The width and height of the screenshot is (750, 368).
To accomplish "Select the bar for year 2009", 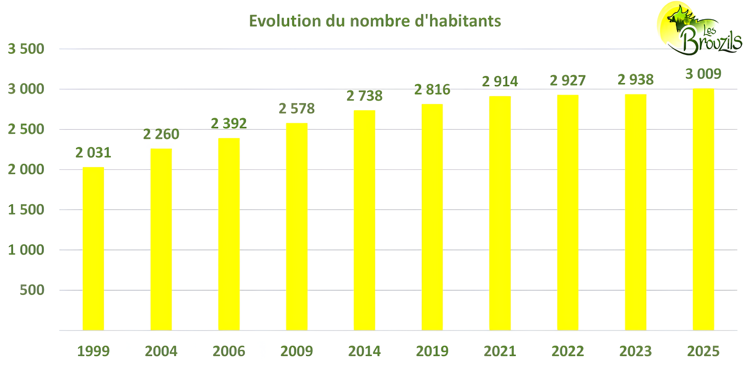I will pyautogui.click(x=297, y=227).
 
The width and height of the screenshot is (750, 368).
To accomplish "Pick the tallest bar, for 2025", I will pyautogui.click(x=703, y=209).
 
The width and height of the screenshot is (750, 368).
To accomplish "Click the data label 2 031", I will pyautogui.click(x=93, y=153).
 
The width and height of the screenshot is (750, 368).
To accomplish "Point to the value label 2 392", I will pyautogui.click(x=229, y=123).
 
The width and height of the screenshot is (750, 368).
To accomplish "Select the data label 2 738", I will pyautogui.click(x=364, y=96).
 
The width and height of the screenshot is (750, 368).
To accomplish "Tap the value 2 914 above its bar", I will pyautogui.click(x=500, y=82).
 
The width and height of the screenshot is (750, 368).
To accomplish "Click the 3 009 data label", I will pyautogui.click(x=703, y=74).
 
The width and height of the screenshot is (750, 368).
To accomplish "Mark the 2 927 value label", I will pyautogui.click(x=567, y=80).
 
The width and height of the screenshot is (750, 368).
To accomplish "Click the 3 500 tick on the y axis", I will pyautogui.click(x=26, y=49).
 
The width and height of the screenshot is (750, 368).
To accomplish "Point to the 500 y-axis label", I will pyautogui.click(x=32, y=290).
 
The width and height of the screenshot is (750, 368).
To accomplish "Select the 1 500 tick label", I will pyautogui.click(x=26, y=210).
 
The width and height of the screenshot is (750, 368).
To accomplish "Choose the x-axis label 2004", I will pyautogui.click(x=161, y=351).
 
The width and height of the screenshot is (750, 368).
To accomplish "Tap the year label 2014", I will pyautogui.click(x=364, y=351).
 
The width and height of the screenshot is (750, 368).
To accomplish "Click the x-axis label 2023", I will pyautogui.click(x=635, y=351).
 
